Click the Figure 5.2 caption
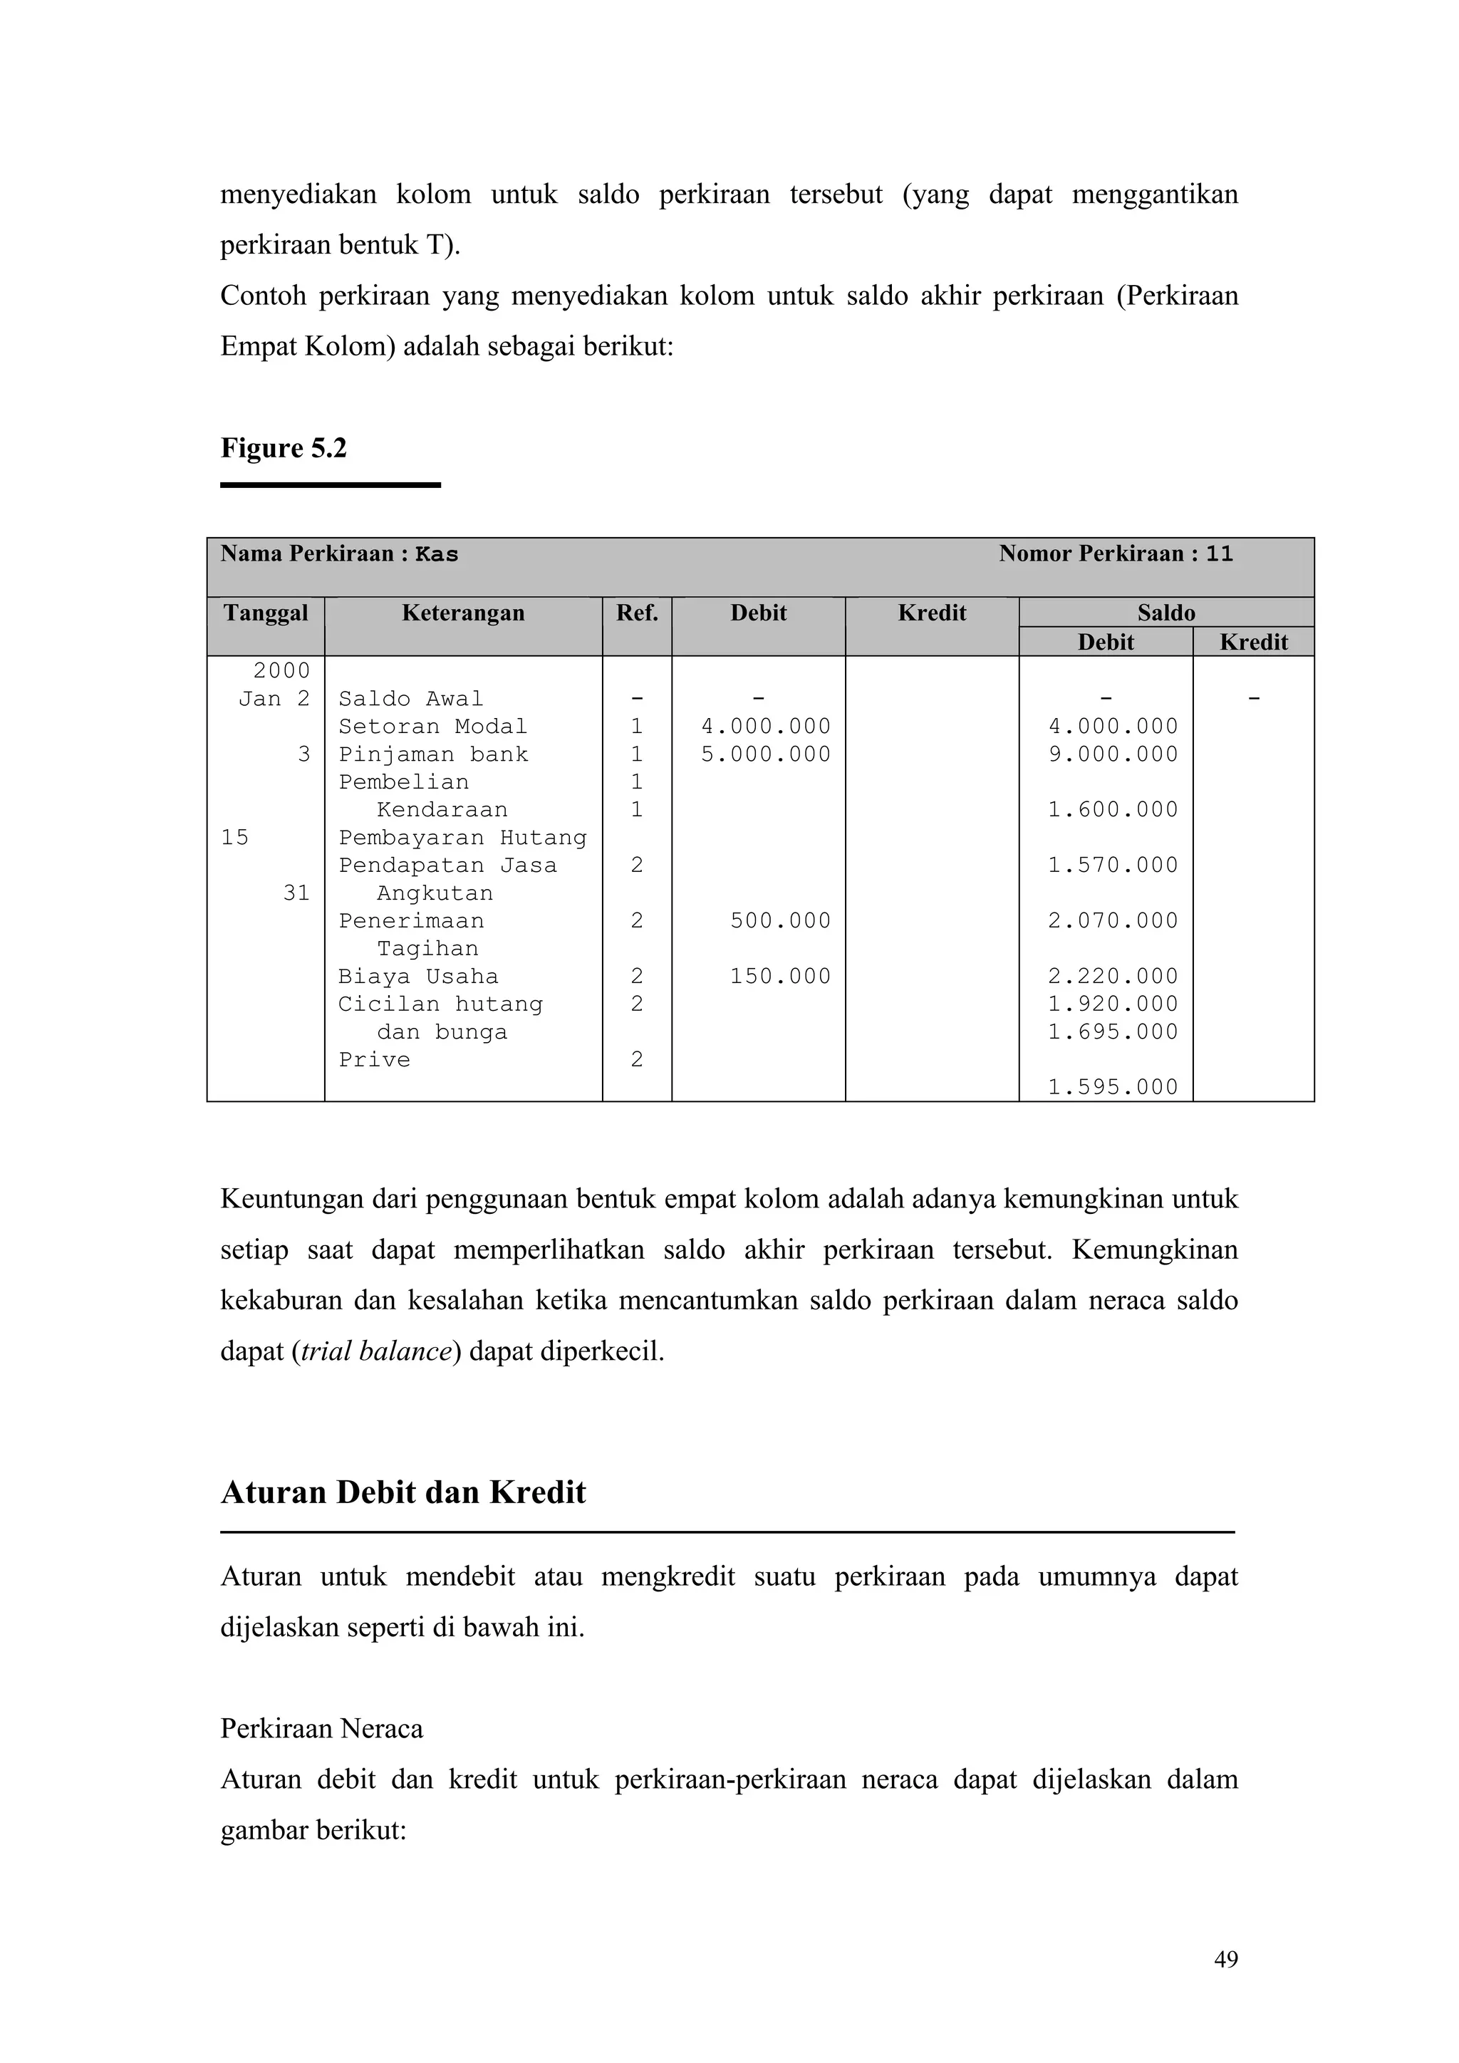(x=284, y=447)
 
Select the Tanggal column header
(x=265, y=613)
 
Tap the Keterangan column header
(x=462, y=613)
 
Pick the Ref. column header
(x=637, y=613)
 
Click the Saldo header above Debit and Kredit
(x=1166, y=613)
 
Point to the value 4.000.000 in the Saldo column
(x=1113, y=726)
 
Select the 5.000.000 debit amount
(x=765, y=754)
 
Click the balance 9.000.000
(x=1113, y=754)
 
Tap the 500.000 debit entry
(x=780, y=920)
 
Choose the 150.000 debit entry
(x=780, y=976)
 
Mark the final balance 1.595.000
(x=1113, y=1087)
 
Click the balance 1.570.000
(x=1113, y=866)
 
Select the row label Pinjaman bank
(x=433, y=754)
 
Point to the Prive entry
(x=374, y=1059)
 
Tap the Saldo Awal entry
(x=410, y=698)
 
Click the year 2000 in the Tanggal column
(x=281, y=670)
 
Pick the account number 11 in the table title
(x=1219, y=554)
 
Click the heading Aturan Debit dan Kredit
(x=403, y=1492)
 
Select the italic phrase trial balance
(x=375, y=1351)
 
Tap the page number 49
(x=1225, y=1960)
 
